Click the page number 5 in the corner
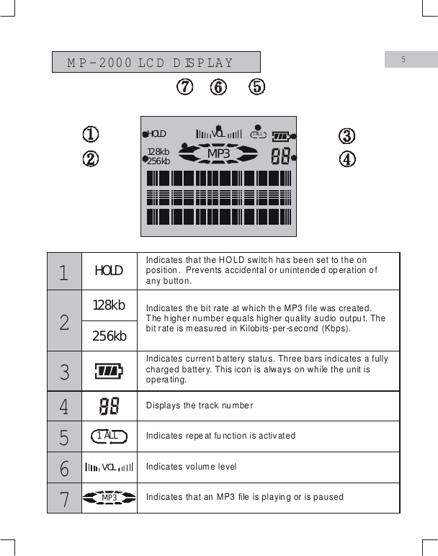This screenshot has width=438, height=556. click(403, 59)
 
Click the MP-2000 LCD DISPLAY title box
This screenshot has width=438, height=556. click(156, 62)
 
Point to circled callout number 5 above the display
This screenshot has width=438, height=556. click(256, 87)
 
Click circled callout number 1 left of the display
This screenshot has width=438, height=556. click(90, 135)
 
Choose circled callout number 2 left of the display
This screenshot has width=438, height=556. click(90, 158)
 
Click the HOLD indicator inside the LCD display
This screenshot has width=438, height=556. click(156, 134)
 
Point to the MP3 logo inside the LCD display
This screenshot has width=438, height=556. click(218, 153)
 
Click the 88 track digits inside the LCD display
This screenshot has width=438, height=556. click(280, 156)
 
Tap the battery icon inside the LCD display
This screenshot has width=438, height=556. click(280, 135)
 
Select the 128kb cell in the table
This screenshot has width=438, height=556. click(109, 305)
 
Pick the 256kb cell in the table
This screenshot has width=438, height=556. click(109, 336)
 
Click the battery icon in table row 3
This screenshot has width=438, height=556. click(109, 371)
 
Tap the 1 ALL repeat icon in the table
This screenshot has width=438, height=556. click(109, 436)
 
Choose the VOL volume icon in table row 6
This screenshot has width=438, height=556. click(109, 467)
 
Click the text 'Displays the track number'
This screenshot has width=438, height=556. click(200, 405)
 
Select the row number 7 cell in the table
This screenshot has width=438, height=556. click(65, 498)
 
